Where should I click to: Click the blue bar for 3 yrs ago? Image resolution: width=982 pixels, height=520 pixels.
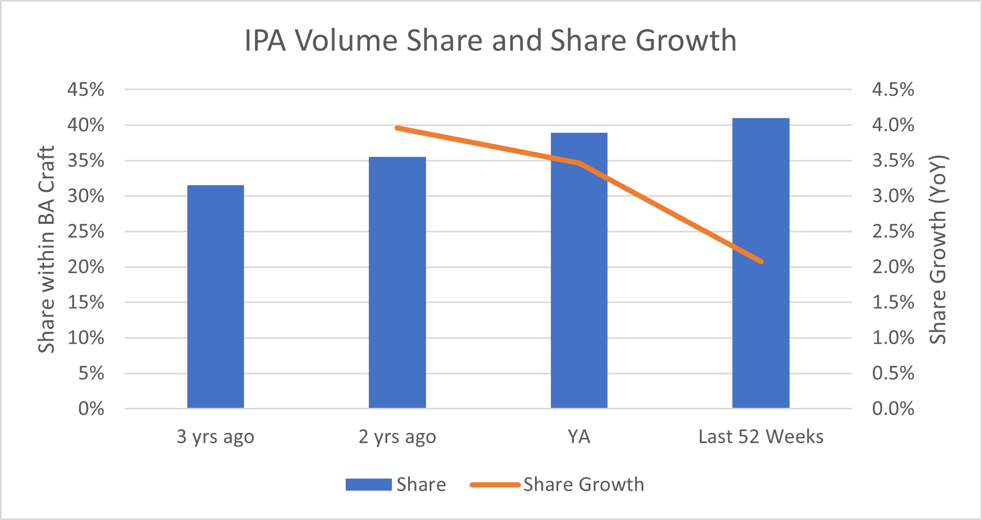(x=216, y=297)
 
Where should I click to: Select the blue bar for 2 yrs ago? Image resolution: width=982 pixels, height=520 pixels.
(x=397, y=283)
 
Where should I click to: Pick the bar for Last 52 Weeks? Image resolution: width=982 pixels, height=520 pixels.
(x=761, y=263)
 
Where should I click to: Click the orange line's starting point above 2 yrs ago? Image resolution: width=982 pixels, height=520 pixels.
(x=397, y=128)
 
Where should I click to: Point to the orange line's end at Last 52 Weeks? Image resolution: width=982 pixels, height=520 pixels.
(x=761, y=262)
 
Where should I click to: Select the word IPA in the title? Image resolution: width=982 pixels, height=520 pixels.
(x=265, y=40)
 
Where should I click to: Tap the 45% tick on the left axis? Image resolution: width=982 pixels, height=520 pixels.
(x=86, y=90)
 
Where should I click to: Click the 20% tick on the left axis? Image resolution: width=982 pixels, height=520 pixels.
(x=86, y=267)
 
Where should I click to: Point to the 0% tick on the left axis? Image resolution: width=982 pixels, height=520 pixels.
(x=91, y=409)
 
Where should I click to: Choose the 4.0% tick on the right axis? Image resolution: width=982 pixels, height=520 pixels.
(x=893, y=125)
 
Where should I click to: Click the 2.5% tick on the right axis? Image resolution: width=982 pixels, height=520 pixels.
(x=893, y=231)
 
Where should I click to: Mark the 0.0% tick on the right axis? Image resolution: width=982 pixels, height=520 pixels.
(x=893, y=409)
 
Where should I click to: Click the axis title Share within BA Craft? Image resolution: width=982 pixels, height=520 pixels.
(x=46, y=250)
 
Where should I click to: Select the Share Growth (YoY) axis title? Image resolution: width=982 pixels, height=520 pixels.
(x=937, y=250)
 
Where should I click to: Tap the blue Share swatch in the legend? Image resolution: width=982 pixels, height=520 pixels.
(x=368, y=484)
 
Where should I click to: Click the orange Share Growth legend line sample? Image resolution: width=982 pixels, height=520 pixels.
(x=495, y=484)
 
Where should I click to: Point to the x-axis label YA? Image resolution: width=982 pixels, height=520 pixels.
(x=579, y=437)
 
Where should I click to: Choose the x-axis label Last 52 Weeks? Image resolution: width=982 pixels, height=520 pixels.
(x=761, y=437)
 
